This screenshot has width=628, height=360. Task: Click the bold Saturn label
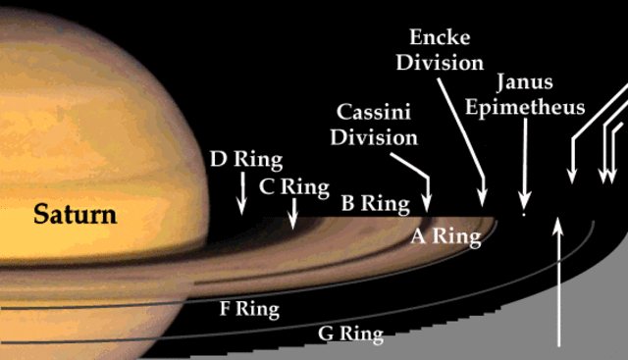click(75, 213)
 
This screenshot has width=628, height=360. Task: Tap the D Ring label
click(245, 159)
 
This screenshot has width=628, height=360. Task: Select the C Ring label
click(293, 185)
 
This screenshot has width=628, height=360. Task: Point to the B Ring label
click(374, 204)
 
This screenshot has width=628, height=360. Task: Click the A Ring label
click(445, 235)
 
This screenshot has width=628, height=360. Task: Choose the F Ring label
click(249, 310)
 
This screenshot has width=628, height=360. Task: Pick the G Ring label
click(350, 334)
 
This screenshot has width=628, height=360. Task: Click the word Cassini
click(376, 111)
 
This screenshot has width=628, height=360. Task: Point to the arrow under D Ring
click(241, 195)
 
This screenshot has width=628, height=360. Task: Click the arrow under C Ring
click(292, 211)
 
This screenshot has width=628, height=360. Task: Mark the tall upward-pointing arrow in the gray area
click(558, 284)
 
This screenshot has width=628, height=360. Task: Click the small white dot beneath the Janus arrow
click(525, 212)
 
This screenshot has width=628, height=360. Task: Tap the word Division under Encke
click(446, 63)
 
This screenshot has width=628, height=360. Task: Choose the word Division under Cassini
click(374, 136)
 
